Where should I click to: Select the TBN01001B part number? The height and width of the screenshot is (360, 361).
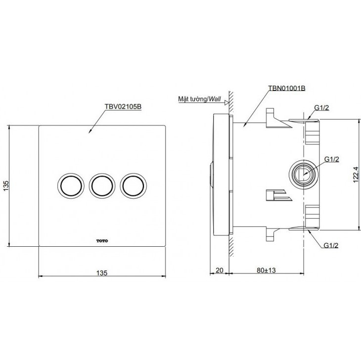(286, 88)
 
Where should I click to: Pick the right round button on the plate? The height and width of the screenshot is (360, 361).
(134, 186)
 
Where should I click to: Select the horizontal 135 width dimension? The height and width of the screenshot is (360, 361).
(102, 272)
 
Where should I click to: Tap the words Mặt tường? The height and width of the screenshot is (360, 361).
(192, 99)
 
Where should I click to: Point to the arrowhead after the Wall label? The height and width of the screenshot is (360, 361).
(226, 103)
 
